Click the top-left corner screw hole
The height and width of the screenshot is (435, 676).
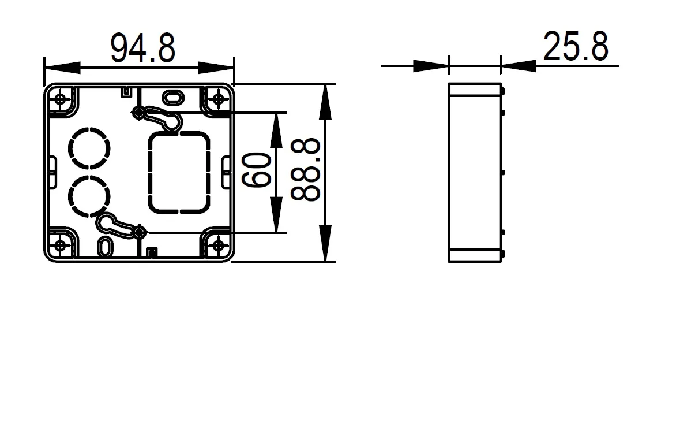click(x=61, y=99)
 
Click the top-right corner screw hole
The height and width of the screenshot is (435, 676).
click(x=218, y=99)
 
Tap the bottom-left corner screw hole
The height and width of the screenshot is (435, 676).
click(x=61, y=246)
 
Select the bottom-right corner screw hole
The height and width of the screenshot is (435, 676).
click(x=218, y=246)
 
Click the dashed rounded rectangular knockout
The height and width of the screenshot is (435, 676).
click(x=179, y=172)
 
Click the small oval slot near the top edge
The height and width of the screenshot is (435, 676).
click(x=171, y=95)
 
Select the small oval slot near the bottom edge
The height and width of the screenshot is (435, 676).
click(x=106, y=245)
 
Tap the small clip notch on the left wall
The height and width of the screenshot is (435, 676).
click(x=51, y=171)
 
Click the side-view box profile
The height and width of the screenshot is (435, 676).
click(x=474, y=172)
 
